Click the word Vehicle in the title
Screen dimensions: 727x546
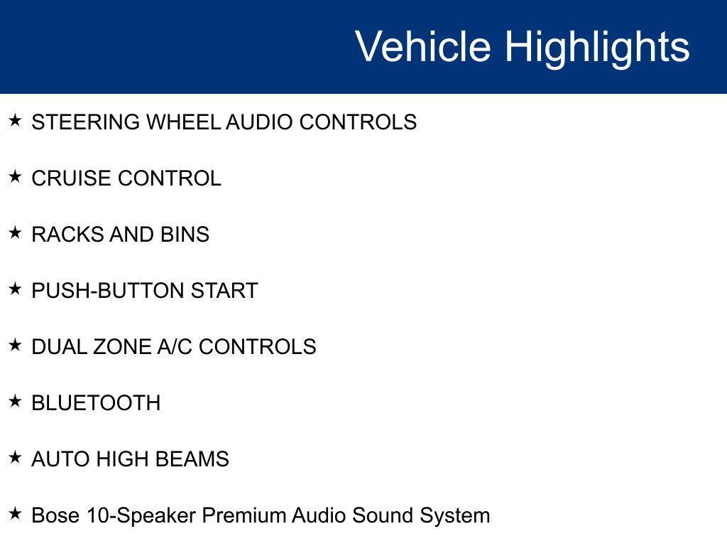click(423, 45)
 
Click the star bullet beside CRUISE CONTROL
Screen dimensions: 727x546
click(16, 176)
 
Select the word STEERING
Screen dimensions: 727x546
click(86, 122)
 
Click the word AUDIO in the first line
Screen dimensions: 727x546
click(260, 122)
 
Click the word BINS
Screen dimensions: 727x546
click(185, 235)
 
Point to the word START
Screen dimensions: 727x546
click(224, 291)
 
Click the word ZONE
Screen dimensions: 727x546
click(122, 347)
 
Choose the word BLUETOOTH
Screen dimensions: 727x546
click(96, 403)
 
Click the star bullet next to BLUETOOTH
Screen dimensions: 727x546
click(16, 401)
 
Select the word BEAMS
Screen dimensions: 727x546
click(192, 459)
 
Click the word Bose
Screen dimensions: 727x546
click(55, 515)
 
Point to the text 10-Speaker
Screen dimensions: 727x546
click(141, 516)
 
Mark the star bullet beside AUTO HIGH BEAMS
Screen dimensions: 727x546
click(16, 457)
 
